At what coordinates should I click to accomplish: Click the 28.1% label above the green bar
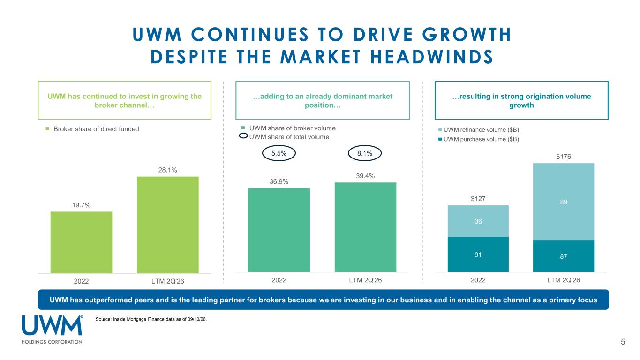point(167,170)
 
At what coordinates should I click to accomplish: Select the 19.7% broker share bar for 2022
point(82,242)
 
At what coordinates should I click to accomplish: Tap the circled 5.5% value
point(279,153)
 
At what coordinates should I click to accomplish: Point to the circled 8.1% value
point(365,153)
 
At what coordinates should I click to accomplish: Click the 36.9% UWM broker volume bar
point(279,230)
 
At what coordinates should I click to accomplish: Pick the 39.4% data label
point(365,176)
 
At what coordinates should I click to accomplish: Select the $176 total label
point(564,157)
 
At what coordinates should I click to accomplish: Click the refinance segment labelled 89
point(564,202)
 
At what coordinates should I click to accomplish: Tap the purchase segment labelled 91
point(478,254)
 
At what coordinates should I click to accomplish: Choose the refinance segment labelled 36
point(478,221)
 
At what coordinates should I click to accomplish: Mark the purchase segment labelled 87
point(564,256)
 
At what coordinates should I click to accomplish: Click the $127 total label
point(478,199)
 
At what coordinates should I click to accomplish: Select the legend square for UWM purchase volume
point(440,139)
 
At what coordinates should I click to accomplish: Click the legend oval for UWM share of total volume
point(243,136)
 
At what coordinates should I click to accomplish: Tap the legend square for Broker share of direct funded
point(47,129)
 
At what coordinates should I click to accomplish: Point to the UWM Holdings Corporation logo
point(52,330)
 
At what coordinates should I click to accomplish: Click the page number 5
point(623,342)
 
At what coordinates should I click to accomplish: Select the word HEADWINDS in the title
point(432,57)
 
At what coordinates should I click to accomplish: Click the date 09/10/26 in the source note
point(197,319)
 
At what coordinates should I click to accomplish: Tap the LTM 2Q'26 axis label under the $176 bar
point(564,280)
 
